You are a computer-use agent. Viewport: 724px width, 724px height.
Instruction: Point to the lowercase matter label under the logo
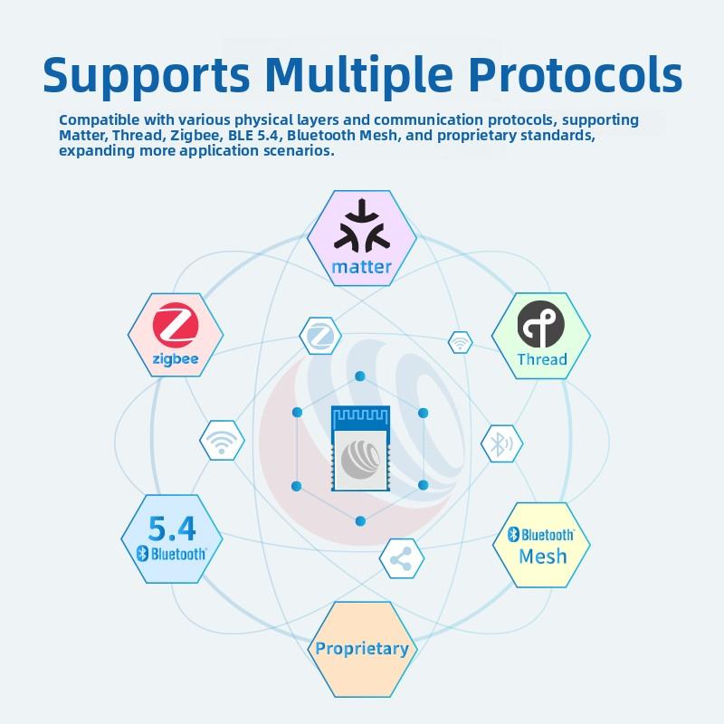(x=361, y=267)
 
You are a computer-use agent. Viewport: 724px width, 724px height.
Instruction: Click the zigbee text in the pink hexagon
(x=176, y=361)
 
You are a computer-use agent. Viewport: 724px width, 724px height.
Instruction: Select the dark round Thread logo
(x=541, y=325)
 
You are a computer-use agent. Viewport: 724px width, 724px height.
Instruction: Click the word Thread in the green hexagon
(x=541, y=359)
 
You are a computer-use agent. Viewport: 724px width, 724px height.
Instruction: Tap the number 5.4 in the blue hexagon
(x=171, y=527)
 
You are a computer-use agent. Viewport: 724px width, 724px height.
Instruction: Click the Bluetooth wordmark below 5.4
(x=171, y=554)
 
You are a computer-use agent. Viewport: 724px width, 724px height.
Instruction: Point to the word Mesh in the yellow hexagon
(x=542, y=556)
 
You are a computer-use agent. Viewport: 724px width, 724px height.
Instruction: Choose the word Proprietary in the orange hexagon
(x=361, y=648)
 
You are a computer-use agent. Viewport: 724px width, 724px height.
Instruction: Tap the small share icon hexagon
(x=400, y=559)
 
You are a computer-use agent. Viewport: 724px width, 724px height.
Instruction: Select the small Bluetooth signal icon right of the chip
(x=500, y=443)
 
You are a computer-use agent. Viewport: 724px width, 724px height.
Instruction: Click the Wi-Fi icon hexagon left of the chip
(x=222, y=441)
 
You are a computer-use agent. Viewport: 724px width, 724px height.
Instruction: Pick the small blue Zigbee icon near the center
(x=320, y=337)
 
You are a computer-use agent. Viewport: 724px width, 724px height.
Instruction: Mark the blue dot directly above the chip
(x=359, y=376)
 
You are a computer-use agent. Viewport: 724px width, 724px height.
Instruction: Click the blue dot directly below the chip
(x=359, y=520)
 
